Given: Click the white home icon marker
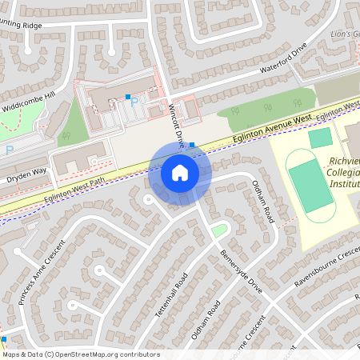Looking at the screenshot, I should click(x=179, y=173).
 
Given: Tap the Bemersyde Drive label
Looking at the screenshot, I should click(x=241, y=271).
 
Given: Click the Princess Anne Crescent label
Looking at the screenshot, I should click(x=33, y=277).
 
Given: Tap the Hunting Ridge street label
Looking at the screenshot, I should click(x=20, y=26).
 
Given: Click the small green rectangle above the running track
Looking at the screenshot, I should click(x=320, y=138).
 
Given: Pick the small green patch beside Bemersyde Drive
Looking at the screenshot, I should click(x=218, y=230).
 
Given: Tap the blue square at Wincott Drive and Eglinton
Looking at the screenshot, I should click(x=191, y=146).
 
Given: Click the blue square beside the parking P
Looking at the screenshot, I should click(x=128, y=98).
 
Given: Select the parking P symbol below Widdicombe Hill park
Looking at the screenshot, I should click(x=9, y=150).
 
